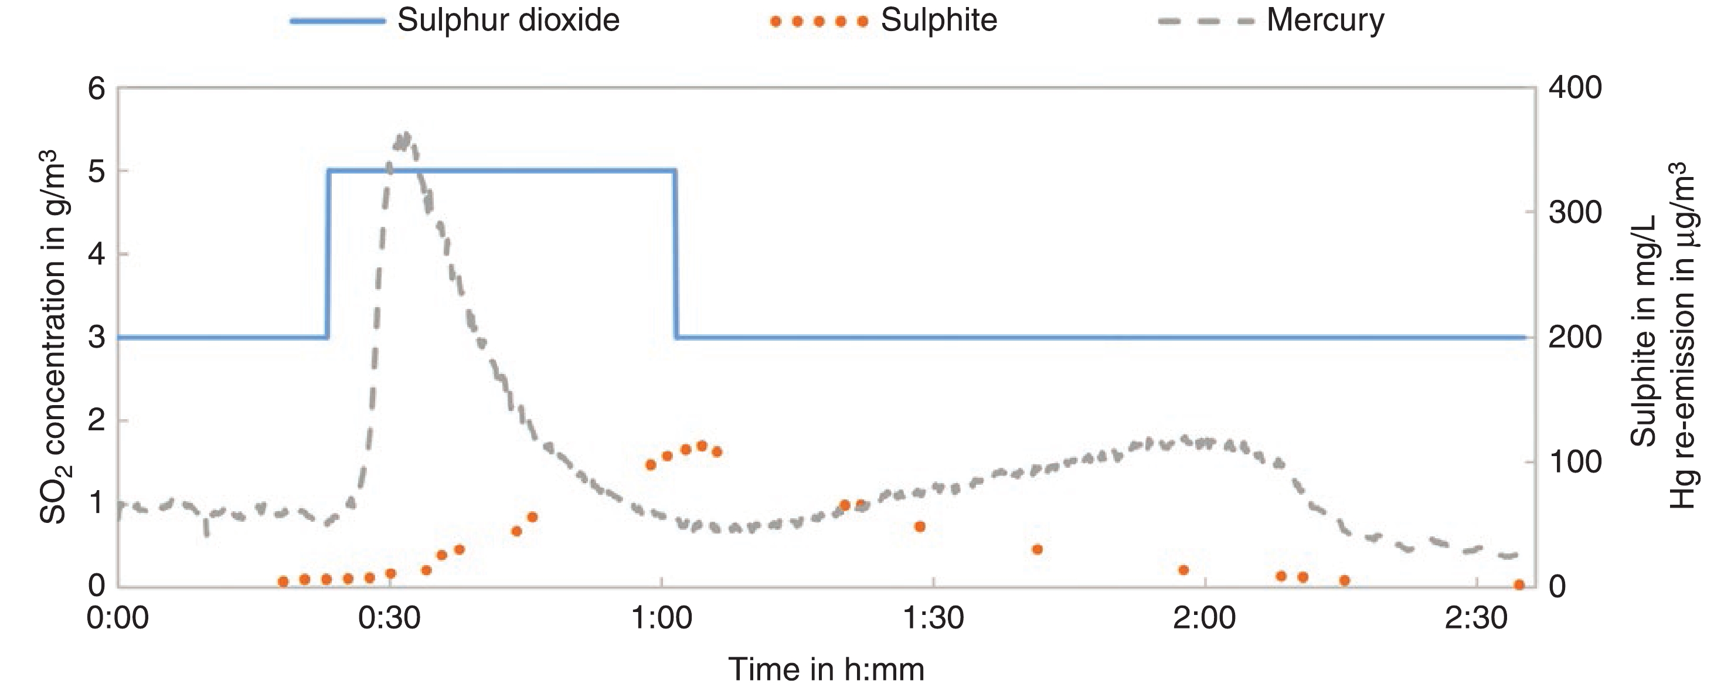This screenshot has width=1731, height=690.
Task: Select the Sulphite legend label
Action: (938, 20)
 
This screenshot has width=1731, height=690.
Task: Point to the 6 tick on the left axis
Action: (97, 88)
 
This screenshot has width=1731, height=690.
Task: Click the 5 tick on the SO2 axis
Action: (97, 171)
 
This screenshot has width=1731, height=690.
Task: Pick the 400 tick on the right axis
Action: (1575, 88)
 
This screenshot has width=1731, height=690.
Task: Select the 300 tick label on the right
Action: (1575, 213)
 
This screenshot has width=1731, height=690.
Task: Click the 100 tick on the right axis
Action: (1575, 462)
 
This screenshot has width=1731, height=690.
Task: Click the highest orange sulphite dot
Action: (702, 446)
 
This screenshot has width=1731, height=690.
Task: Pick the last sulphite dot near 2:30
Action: (1519, 585)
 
